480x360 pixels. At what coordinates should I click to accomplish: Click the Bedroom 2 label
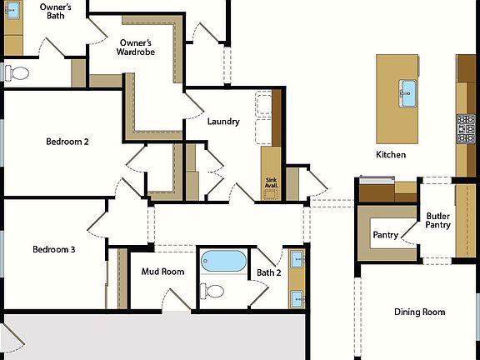pyautogui.click(x=67, y=142)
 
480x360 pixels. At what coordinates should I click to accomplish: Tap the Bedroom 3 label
pyautogui.click(x=54, y=249)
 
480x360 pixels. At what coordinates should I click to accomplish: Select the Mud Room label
pyautogui.click(x=162, y=272)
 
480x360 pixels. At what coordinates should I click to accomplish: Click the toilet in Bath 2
pyautogui.click(x=213, y=291)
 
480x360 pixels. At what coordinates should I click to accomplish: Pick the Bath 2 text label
pyautogui.click(x=269, y=272)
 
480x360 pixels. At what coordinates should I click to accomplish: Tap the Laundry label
pyautogui.click(x=223, y=122)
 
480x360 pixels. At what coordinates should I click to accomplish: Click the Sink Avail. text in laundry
pyautogui.click(x=272, y=182)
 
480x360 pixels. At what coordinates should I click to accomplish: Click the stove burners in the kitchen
pyautogui.click(x=465, y=128)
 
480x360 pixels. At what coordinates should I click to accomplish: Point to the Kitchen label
pyautogui.click(x=391, y=155)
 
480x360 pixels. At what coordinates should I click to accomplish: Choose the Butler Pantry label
pyautogui.click(x=437, y=220)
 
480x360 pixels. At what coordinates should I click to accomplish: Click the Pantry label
pyautogui.click(x=384, y=235)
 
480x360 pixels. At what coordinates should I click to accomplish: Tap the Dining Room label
pyautogui.click(x=419, y=312)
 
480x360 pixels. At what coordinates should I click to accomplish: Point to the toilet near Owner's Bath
pyautogui.click(x=17, y=73)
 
